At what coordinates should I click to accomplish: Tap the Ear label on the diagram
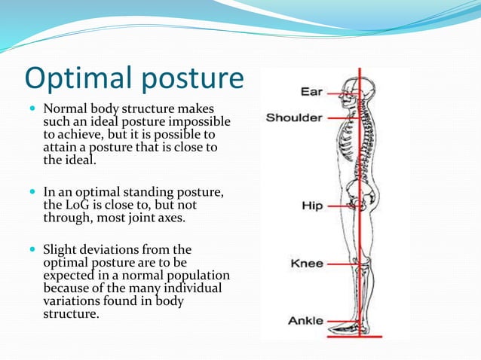(311, 92)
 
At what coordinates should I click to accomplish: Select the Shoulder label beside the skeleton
(294, 117)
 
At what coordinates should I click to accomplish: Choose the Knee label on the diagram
(307, 264)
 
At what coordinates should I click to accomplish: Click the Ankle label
(305, 321)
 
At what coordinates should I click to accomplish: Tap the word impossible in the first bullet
(204, 122)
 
